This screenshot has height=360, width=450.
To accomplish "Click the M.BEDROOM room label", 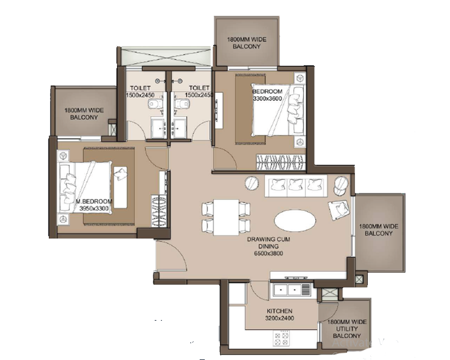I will pos(94,201).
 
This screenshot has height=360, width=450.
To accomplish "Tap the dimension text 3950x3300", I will pos(94,208).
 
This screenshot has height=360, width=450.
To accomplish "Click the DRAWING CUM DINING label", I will pos(268,242).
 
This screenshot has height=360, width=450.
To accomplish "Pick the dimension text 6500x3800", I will pos(268,253).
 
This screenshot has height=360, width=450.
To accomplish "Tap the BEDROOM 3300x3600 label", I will pos(268,94).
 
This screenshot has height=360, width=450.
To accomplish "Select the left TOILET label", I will pos(139,92).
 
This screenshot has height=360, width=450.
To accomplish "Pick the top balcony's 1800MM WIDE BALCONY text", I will pos(247,43).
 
